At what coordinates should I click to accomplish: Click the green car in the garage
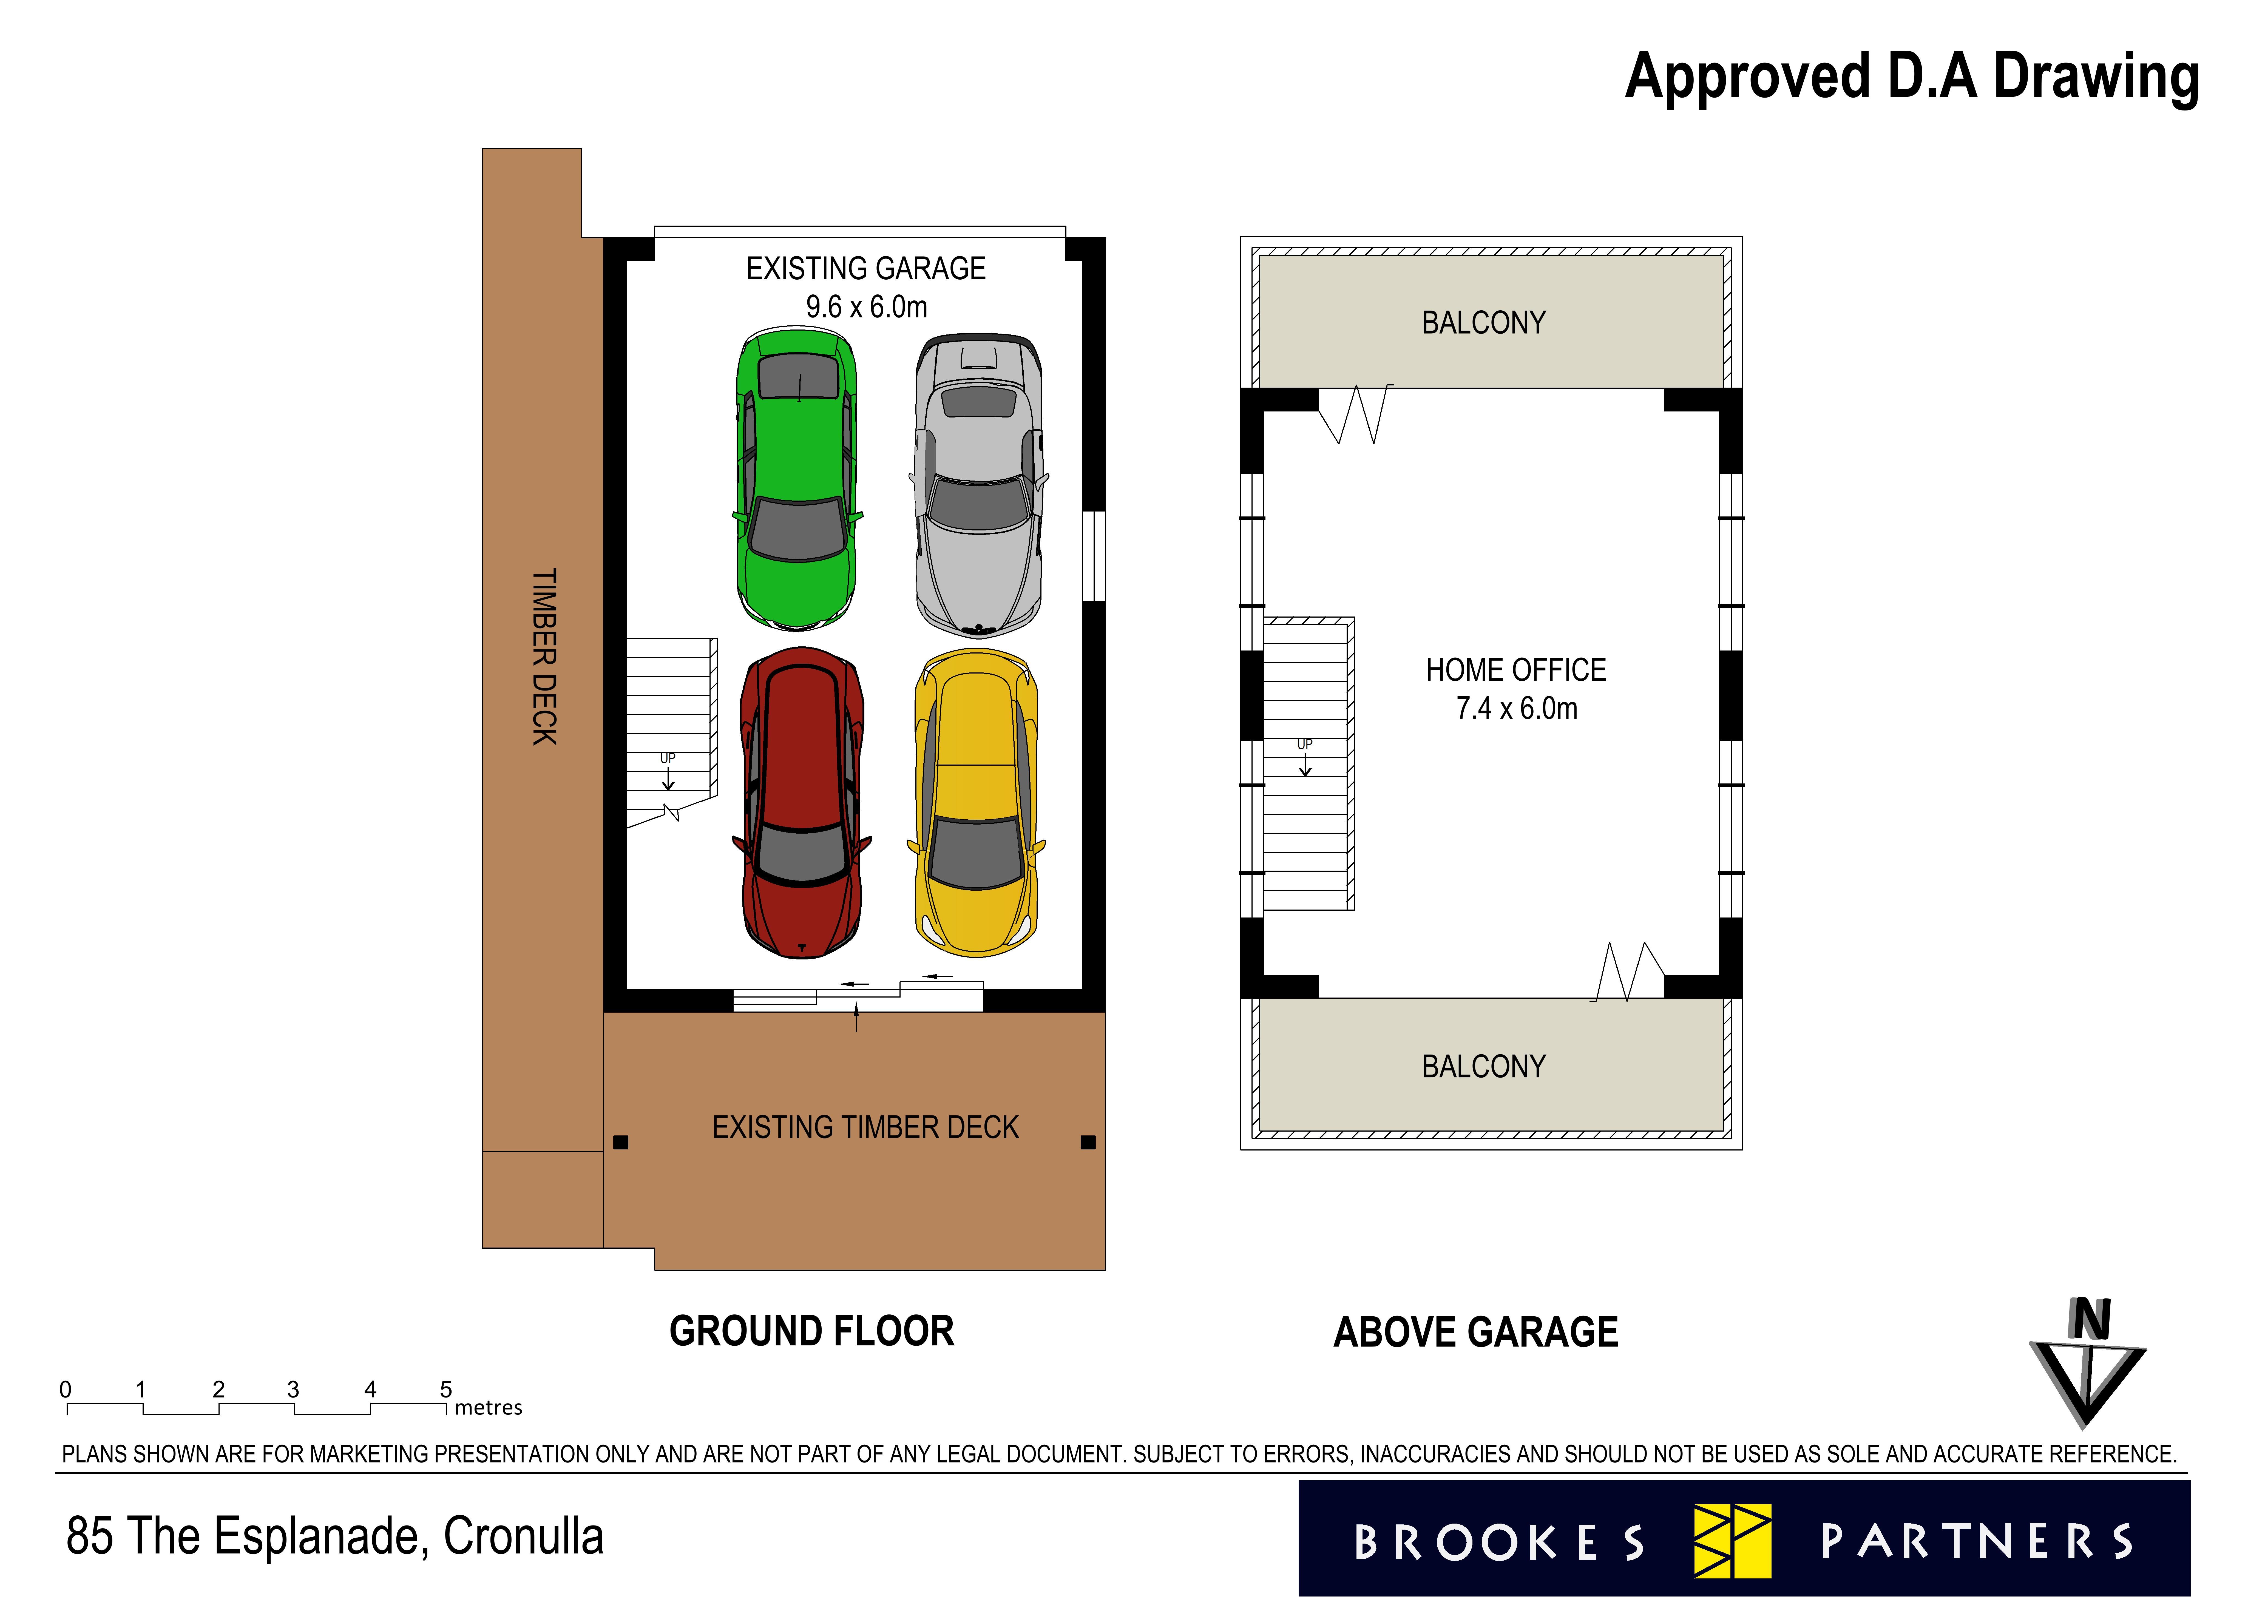796,479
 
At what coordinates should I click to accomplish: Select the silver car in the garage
978,484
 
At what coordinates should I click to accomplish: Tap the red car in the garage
801,803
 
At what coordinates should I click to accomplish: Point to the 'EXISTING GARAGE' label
865,269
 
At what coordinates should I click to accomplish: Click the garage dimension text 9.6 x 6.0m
865,307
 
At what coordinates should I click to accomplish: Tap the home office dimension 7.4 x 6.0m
1516,709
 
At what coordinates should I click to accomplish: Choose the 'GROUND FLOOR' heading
811,1331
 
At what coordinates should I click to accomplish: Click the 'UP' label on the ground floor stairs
668,758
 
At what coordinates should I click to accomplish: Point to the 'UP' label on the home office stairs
1304,744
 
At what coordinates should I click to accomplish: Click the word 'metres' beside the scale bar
488,1407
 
